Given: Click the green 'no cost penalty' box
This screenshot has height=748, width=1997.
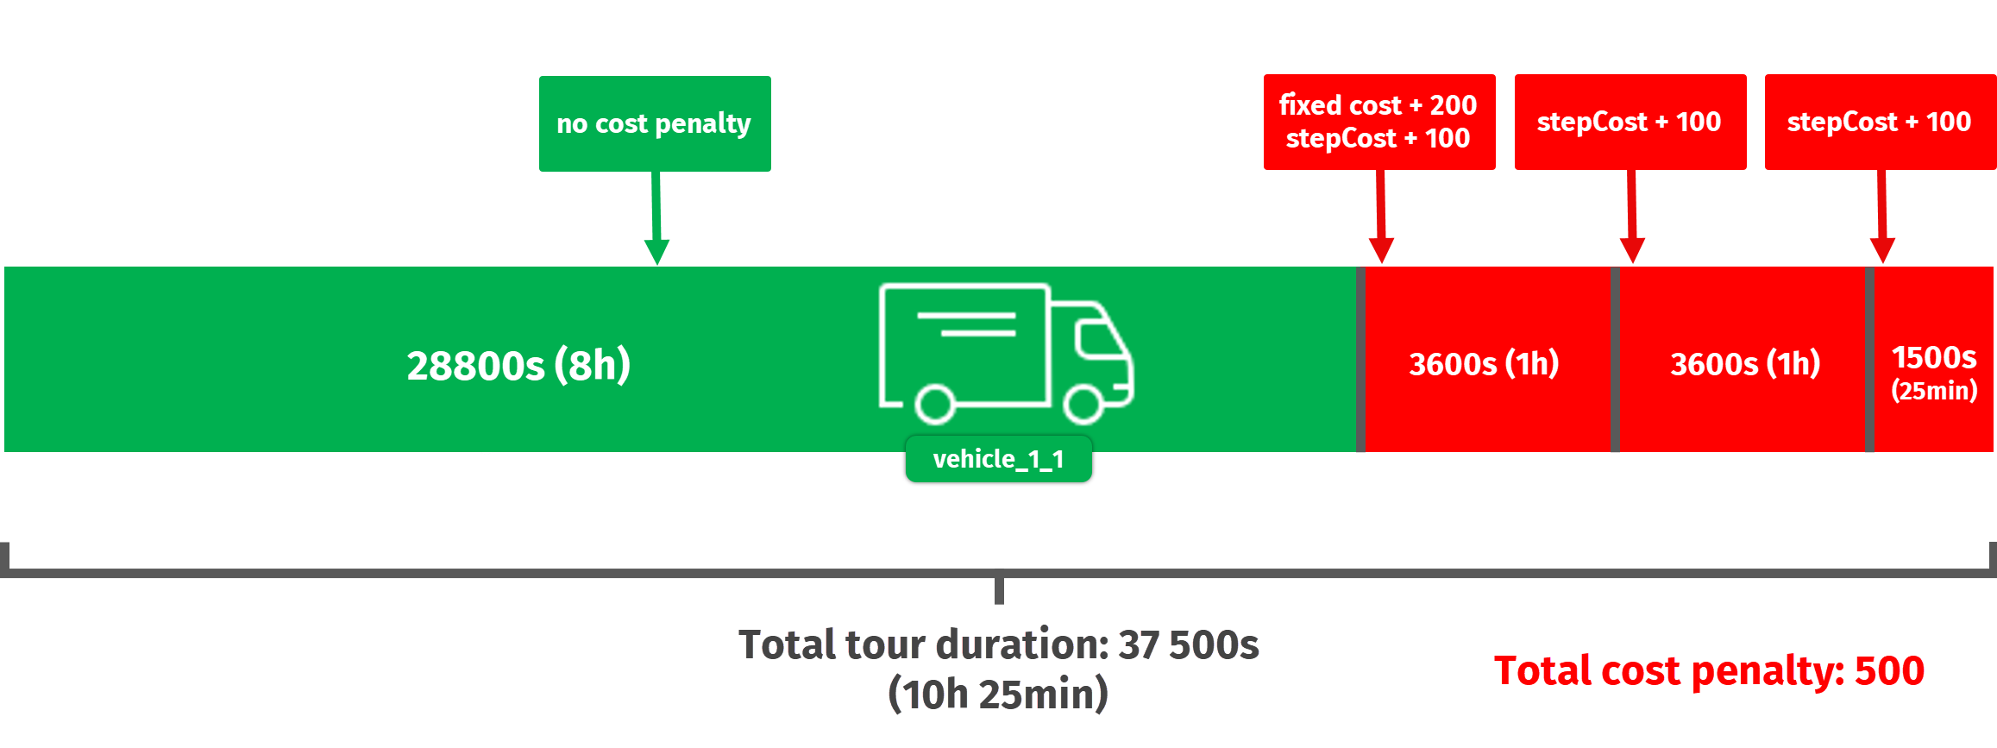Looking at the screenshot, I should pyautogui.click(x=655, y=123).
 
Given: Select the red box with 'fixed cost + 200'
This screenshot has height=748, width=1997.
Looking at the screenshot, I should pyautogui.click(x=1378, y=122).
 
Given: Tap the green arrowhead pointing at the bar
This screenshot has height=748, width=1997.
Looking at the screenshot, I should pyautogui.click(x=656, y=252).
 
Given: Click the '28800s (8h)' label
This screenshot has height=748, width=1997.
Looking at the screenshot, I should pyautogui.click(x=518, y=365).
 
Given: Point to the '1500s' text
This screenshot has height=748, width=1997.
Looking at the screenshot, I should pyautogui.click(x=1933, y=357).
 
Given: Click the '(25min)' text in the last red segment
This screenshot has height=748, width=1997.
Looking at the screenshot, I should pyautogui.click(x=1933, y=391).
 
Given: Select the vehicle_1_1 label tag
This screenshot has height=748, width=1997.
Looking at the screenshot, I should pyautogui.click(x=998, y=460).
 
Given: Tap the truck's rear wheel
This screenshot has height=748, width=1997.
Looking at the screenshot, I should pyautogui.click(x=934, y=404).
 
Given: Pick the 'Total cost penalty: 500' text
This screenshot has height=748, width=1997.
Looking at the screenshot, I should pyautogui.click(x=1709, y=670).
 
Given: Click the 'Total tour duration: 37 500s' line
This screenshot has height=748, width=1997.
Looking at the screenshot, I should pyautogui.click(x=998, y=644).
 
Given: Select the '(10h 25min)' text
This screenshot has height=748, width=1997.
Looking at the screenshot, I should pyautogui.click(x=998, y=694).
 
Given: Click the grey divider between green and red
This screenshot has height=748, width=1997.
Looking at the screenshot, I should pyautogui.click(x=1360, y=359).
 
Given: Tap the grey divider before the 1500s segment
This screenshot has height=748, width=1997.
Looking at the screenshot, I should pyautogui.click(x=1869, y=359).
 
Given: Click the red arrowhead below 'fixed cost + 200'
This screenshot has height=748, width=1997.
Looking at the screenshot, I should pyautogui.click(x=1381, y=250).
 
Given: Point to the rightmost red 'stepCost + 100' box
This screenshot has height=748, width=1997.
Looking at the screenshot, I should pyautogui.click(x=1880, y=122).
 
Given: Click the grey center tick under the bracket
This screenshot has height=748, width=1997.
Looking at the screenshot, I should pyautogui.click(x=999, y=591).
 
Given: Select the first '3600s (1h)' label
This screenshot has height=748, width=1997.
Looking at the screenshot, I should pyautogui.click(x=1484, y=363).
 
